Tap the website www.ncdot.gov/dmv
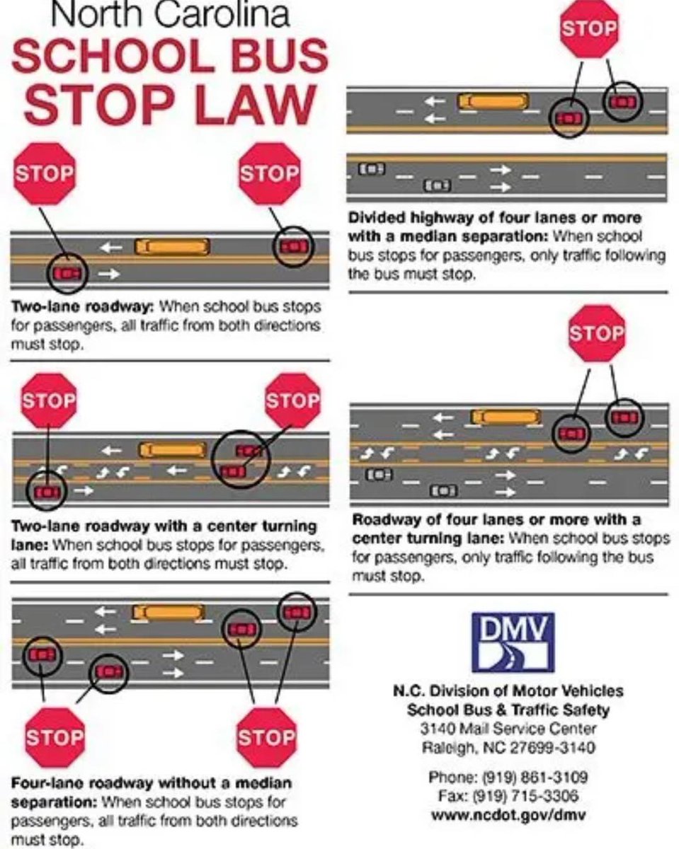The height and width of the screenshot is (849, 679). pyautogui.click(x=508, y=814)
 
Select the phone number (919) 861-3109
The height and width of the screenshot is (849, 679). pyautogui.click(x=508, y=778)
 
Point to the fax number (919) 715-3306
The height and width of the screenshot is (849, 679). pyautogui.click(x=508, y=795)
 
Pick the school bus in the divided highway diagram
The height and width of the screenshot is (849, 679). pyautogui.click(x=493, y=101)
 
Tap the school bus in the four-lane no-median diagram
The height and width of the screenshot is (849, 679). pyautogui.click(x=169, y=613)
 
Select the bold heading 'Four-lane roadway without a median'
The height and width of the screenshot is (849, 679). pyautogui.click(x=152, y=783)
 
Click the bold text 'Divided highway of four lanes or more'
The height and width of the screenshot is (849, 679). pyautogui.click(x=494, y=218)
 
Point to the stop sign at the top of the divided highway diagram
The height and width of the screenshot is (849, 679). pyautogui.click(x=589, y=29)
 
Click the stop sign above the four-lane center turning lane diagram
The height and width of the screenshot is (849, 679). pyautogui.click(x=597, y=333)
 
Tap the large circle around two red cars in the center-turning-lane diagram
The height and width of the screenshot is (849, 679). pyautogui.click(x=241, y=460)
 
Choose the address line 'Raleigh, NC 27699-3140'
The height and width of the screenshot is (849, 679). pyautogui.click(x=508, y=747)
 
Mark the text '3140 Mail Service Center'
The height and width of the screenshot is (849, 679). pyautogui.click(x=508, y=729)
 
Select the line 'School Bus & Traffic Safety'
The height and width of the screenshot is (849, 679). pyautogui.click(x=508, y=710)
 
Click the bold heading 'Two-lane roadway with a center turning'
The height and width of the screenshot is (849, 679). pyautogui.click(x=164, y=527)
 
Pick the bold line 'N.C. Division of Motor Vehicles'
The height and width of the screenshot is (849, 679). pyautogui.click(x=508, y=691)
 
